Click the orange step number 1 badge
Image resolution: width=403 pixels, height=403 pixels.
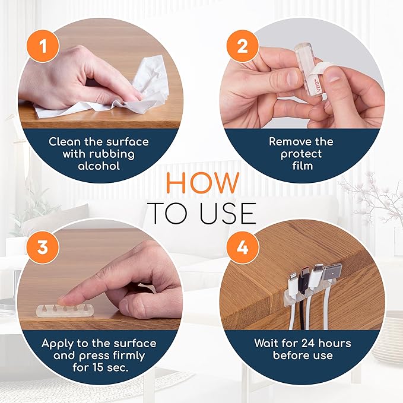pos(43,46)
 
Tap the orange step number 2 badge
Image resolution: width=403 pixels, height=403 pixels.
pos(242,46)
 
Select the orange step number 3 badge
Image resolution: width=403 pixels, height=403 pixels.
pos(43,247)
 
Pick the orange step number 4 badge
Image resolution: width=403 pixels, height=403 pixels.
pos(242,247)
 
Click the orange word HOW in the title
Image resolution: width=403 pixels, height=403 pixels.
pos(203,183)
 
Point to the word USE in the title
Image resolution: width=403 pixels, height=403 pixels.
pos(228,213)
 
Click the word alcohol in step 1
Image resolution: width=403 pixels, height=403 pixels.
pos(99,166)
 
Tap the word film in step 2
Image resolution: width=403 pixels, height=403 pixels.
pos(303,166)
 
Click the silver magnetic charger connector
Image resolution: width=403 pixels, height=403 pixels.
pos(332,275)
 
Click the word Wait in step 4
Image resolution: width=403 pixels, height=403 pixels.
pos(266,344)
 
